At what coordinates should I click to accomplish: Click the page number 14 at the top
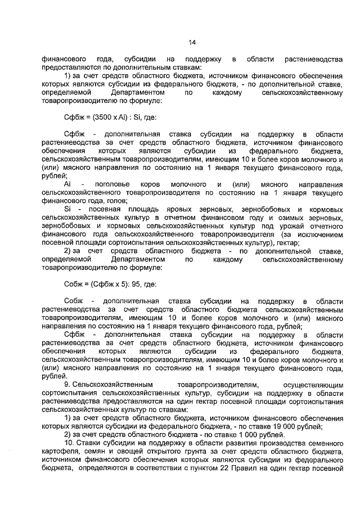192,42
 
